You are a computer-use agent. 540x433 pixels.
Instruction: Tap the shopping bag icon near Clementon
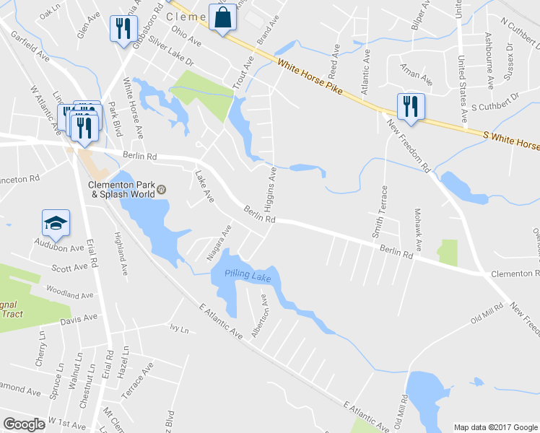[x=222, y=17]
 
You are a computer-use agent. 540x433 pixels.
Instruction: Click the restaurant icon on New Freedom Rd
[x=409, y=105]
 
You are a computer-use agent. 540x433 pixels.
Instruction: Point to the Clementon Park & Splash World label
[x=121, y=188]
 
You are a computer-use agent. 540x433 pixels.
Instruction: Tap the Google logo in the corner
[x=25, y=424]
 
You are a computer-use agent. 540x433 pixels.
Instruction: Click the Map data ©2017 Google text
[x=495, y=427]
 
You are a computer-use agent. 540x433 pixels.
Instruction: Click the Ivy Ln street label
[x=179, y=329]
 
